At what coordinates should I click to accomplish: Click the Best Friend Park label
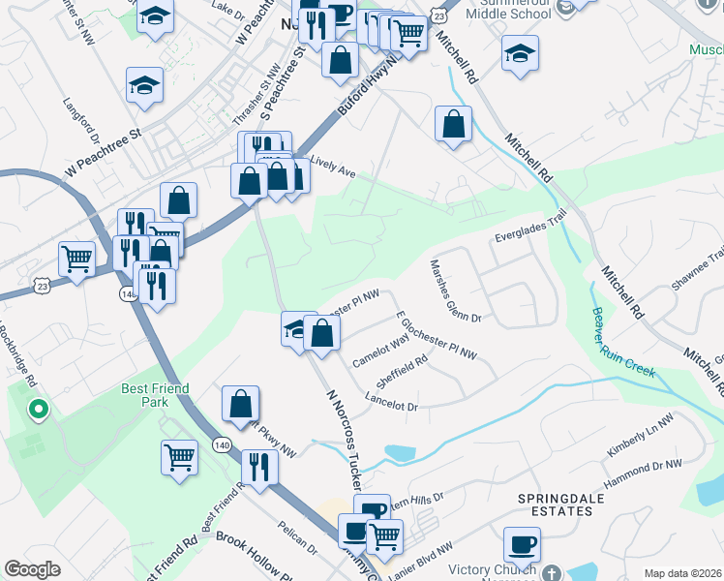pos(155,394)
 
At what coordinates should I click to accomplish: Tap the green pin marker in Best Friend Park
pos(38,411)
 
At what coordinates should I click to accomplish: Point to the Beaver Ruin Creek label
pos(623,343)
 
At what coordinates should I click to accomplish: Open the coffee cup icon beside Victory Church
pos(522,544)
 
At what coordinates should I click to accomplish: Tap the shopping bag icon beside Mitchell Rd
pos(453,124)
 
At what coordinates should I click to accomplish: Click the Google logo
pos(32,569)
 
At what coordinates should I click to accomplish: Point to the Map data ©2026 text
pos(681,573)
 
